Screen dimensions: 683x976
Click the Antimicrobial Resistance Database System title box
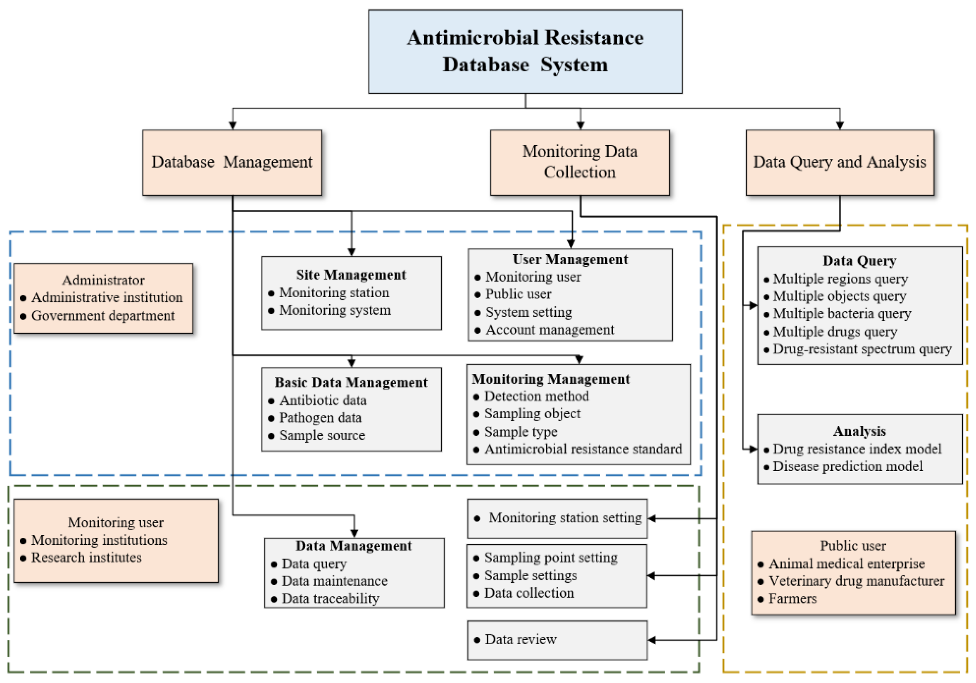(x=525, y=51)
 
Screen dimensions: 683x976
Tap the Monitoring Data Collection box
(x=579, y=162)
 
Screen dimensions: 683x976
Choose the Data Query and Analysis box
(x=840, y=162)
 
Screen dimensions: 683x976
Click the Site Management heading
(x=351, y=275)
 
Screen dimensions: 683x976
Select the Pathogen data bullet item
(x=320, y=418)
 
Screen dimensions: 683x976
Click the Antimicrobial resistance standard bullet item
(x=583, y=449)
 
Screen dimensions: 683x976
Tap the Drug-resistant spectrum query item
(x=862, y=349)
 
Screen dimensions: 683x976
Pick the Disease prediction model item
(x=847, y=467)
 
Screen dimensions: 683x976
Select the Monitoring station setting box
(x=557, y=518)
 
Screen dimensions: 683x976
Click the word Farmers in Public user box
(x=792, y=599)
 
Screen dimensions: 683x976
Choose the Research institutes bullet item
(x=86, y=558)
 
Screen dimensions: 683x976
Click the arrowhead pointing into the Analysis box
(x=753, y=449)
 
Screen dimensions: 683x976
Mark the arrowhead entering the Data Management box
(x=354, y=534)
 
